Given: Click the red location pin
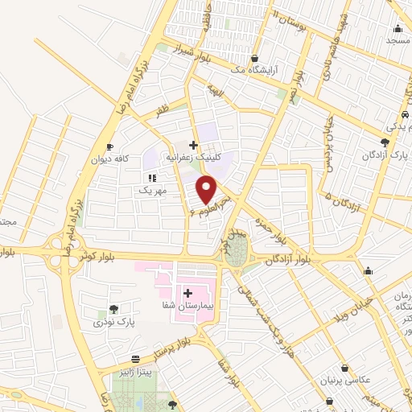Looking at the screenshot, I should pos(207,190).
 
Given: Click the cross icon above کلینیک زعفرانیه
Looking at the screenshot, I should pos(192,145).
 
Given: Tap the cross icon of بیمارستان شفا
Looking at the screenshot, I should pos(187,294).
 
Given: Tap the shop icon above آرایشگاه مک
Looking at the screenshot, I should pos(254,59).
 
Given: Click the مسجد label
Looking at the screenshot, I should pos(398,39).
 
